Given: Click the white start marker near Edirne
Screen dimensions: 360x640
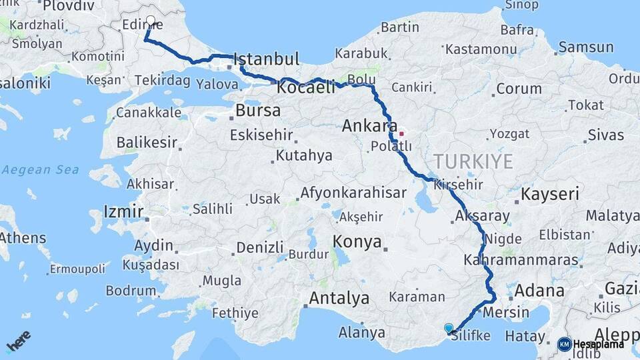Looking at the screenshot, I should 151,21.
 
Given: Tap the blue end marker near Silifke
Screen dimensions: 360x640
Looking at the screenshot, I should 449,328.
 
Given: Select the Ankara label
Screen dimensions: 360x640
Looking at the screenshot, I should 369,125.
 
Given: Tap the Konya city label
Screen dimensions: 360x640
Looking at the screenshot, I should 357,241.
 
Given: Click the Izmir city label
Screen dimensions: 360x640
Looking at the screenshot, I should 123,213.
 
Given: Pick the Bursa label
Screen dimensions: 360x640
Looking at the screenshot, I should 259,109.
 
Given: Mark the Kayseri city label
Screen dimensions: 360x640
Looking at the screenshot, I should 550,195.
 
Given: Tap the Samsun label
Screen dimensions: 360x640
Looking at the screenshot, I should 586,47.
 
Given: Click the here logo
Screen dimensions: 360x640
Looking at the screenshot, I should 18,344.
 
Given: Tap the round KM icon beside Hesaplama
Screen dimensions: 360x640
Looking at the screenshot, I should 564,344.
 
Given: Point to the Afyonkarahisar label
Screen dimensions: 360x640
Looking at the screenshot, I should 353,193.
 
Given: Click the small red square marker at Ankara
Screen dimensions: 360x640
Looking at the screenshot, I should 401,133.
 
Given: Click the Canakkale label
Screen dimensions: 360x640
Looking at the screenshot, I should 148,112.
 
